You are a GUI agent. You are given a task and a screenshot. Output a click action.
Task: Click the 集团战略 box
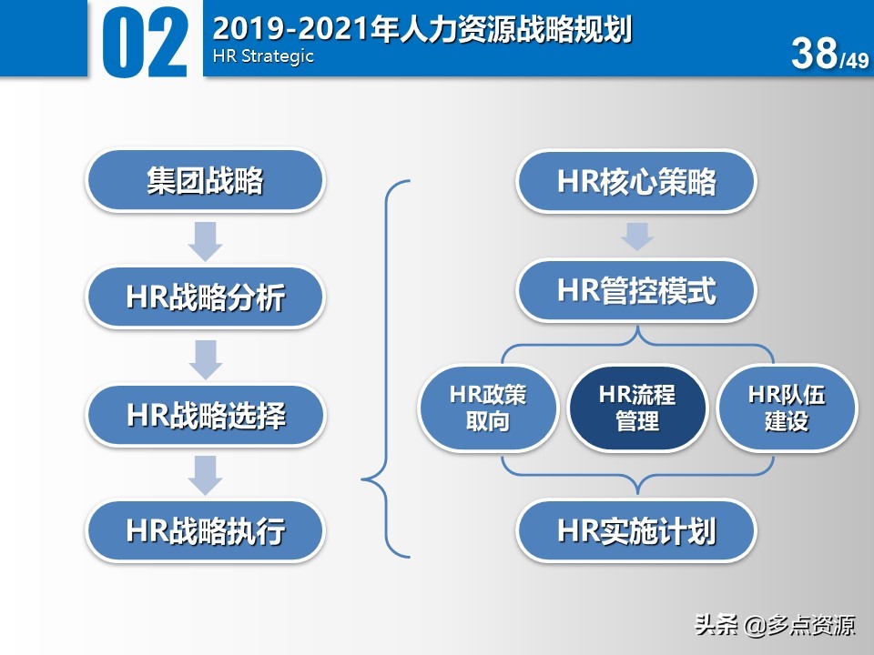[x=205, y=181]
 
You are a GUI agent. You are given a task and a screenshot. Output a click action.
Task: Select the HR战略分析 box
[x=205, y=297]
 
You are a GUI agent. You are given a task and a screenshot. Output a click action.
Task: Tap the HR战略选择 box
[x=205, y=416]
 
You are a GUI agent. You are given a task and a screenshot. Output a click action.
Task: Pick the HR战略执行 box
[x=205, y=530]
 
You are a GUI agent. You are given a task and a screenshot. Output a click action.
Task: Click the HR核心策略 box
[x=636, y=182]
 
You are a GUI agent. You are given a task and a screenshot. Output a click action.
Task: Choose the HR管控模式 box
[x=636, y=291]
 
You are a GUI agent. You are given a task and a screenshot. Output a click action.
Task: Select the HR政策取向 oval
[x=488, y=408]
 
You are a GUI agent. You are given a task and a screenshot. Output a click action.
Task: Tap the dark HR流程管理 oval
[x=637, y=408]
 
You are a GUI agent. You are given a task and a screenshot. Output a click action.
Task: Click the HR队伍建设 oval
[x=787, y=408]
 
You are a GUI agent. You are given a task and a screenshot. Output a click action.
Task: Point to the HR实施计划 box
[x=636, y=531]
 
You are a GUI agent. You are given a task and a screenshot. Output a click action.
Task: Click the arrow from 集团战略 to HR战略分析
[x=206, y=239]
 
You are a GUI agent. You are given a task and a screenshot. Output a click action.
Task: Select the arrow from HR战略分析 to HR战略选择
[x=206, y=358]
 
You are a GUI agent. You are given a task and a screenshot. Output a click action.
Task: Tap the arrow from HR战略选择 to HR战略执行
[x=206, y=474]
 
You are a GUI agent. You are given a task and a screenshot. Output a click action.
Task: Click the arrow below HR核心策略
[x=636, y=237]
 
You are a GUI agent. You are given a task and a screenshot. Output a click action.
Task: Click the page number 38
[x=814, y=54]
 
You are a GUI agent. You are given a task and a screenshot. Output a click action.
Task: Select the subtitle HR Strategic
[x=263, y=55]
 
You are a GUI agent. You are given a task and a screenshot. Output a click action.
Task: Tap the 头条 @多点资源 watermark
[x=775, y=626]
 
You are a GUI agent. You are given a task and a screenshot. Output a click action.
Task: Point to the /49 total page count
[x=854, y=61]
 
